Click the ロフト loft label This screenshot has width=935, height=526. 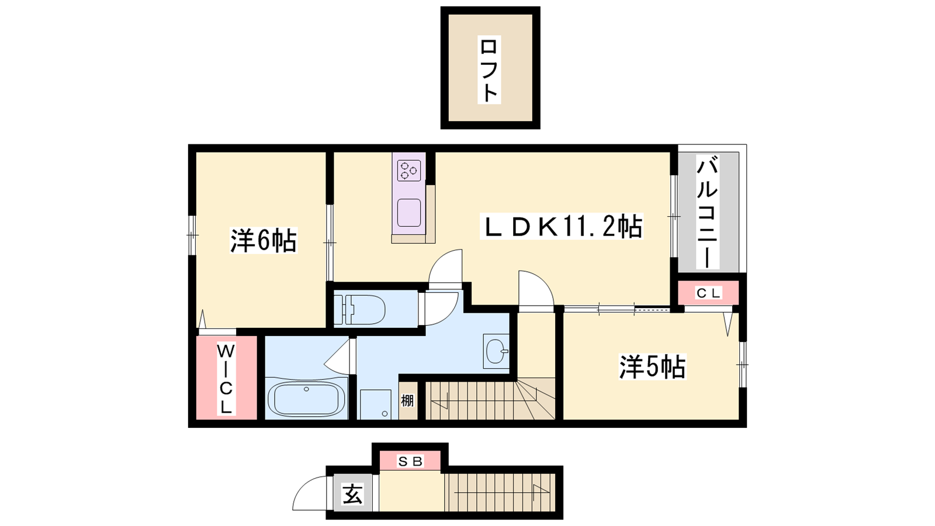[489, 70]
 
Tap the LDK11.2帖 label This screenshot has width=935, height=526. [562, 226]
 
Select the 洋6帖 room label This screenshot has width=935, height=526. [264, 240]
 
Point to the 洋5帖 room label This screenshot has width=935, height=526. [652, 367]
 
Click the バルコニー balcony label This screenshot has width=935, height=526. [707, 212]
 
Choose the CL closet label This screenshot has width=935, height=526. [708, 293]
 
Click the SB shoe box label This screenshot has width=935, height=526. [410, 462]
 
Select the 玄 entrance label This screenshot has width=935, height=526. [353, 494]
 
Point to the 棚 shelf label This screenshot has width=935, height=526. [407, 400]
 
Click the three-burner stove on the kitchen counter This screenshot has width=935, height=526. [409, 170]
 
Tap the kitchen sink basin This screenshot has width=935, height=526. [409, 213]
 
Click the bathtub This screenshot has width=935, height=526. [306, 398]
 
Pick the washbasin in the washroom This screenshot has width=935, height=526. [496, 351]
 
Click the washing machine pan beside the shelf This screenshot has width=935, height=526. [376, 404]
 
